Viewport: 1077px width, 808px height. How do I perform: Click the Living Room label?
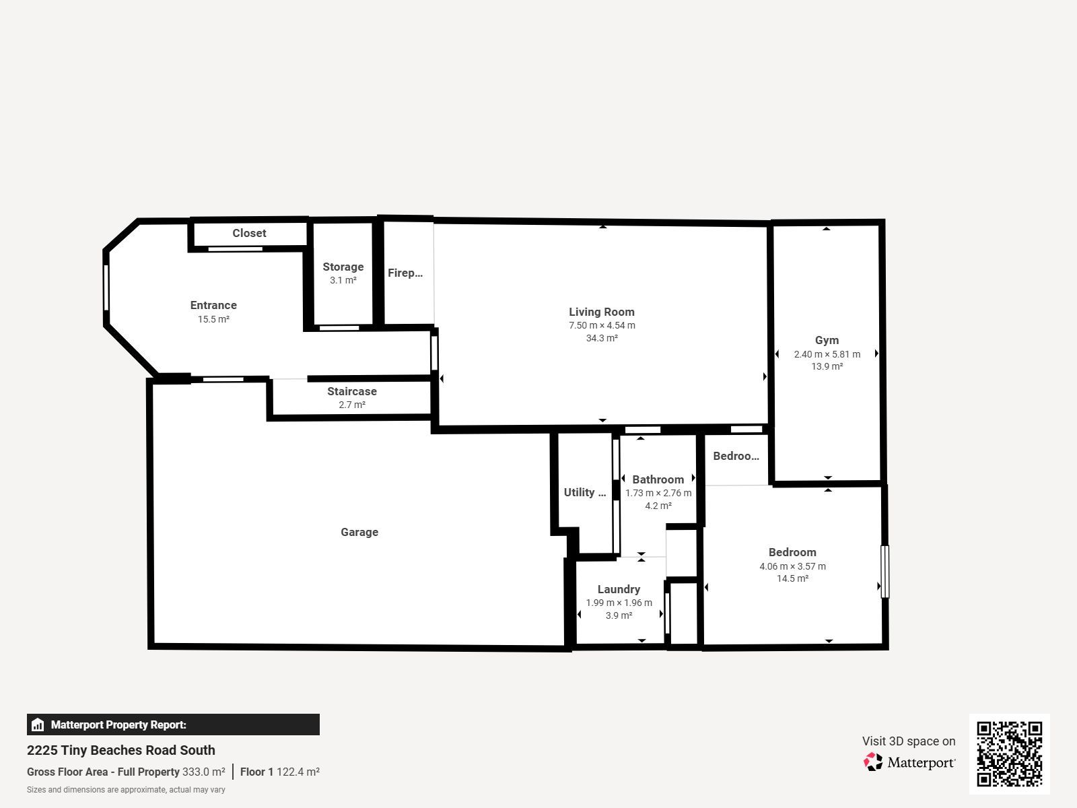click(602, 312)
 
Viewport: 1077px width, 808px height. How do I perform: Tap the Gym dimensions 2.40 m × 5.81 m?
click(827, 354)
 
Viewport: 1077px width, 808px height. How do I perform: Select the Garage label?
click(359, 533)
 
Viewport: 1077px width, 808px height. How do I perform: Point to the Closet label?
click(249, 233)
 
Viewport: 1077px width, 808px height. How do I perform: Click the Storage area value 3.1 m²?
click(343, 280)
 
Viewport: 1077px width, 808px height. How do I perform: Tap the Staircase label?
click(352, 391)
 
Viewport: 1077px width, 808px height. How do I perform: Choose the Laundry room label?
click(619, 589)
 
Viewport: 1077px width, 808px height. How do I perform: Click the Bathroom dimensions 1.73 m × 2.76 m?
click(658, 493)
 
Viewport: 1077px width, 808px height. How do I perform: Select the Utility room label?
click(584, 492)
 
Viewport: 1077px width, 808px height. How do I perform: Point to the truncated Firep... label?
click(405, 273)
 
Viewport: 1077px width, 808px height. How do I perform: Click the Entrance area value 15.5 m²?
click(213, 319)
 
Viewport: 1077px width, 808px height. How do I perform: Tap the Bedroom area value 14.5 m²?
click(792, 578)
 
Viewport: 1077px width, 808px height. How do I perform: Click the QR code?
click(1009, 753)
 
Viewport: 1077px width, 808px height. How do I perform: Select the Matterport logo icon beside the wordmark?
click(873, 762)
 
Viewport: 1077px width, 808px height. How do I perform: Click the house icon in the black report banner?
click(38, 725)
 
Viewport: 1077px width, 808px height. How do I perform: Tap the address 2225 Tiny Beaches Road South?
click(120, 750)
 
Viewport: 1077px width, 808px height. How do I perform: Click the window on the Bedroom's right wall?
click(884, 572)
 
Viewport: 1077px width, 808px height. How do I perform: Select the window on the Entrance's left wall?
click(106, 288)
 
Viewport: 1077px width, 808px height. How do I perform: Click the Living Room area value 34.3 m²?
click(602, 338)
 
